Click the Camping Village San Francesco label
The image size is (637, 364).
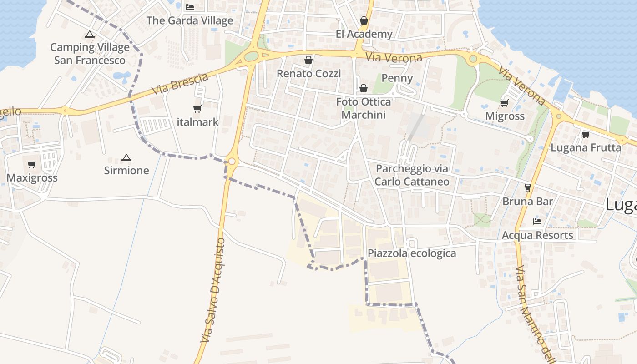[x=90, y=54]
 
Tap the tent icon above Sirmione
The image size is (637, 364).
[x=126, y=158]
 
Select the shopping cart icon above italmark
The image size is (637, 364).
[x=197, y=109]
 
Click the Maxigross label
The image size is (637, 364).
[x=32, y=178]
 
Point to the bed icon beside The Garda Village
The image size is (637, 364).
[x=190, y=7]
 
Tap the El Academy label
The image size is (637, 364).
[x=364, y=34]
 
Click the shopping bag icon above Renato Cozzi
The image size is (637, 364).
[x=308, y=60]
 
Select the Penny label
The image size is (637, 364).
[x=397, y=78]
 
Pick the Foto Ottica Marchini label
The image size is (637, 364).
[x=364, y=108]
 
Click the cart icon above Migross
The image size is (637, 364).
[x=504, y=103]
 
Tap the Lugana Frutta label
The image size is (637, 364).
[x=586, y=148]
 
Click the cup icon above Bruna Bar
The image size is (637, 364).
[x=528, y=187]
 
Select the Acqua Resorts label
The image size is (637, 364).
[x=537, y=235]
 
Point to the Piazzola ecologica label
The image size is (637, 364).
[x=412, y=253]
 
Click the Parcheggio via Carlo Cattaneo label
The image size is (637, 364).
[x=412, y=175]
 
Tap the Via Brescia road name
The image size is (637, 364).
[x=180, y=84]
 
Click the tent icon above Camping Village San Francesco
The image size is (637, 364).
[x=90, y=34]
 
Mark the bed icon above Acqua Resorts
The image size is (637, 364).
[x=537, y=222]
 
